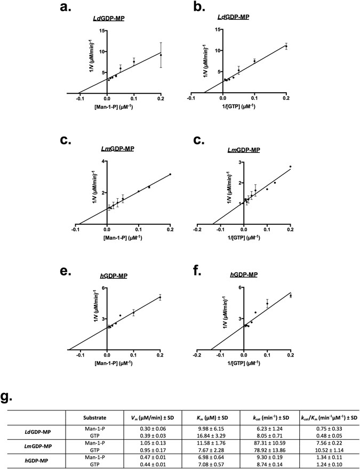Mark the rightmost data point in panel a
click(161, 55)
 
